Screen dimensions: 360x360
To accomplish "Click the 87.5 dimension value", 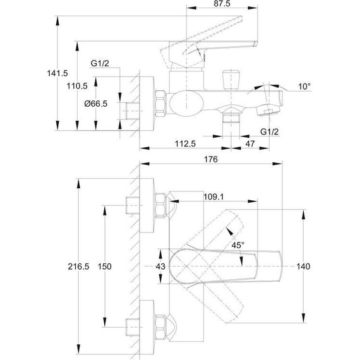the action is coord(222,4).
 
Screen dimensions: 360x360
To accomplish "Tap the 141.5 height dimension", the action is coord(57,73).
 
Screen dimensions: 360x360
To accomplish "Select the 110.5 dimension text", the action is coord(77,86).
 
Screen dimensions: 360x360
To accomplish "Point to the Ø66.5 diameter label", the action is coord(96,104).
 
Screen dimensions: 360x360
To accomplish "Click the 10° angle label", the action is coord(304,87).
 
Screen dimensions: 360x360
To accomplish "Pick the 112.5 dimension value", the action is coord(185,144).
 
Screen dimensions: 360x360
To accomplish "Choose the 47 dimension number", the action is coord(250,144).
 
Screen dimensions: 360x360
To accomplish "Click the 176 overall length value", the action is coord(211,159).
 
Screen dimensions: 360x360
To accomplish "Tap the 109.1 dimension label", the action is coord(213,197).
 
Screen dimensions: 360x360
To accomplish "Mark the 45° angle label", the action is coord(238,245).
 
